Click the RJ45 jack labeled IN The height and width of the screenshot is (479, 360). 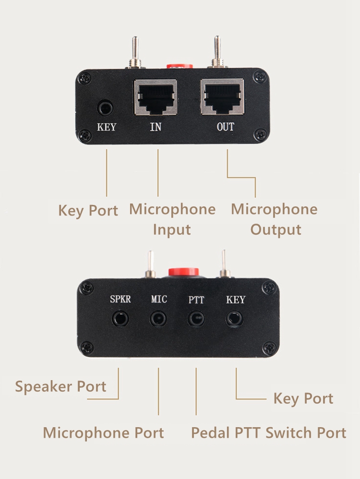156,97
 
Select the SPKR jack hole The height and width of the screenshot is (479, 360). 120,318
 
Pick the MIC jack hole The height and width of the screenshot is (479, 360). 158,318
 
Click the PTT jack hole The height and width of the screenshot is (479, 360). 196,318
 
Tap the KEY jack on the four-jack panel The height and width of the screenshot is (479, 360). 235,318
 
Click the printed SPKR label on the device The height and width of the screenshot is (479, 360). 120,299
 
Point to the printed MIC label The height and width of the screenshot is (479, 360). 159,299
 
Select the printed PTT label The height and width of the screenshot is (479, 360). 196,300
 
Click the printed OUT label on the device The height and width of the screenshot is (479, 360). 225,127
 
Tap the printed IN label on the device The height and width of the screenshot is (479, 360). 156,127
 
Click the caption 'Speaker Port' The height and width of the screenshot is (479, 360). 60,386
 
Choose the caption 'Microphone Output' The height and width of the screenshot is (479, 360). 275,219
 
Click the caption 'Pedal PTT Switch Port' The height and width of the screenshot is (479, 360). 268,432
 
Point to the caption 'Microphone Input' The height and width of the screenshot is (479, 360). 172,219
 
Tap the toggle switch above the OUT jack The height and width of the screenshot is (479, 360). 217,51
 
